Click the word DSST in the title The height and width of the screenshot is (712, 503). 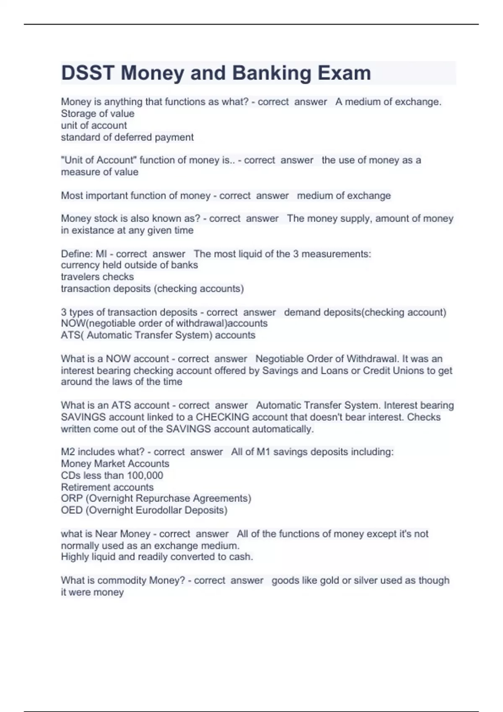[x=88, y=73]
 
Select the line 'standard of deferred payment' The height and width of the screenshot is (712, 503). [x=127, y=137]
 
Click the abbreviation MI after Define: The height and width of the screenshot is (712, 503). [x=101, y=254]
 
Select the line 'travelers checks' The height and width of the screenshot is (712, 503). [x=97, y=277]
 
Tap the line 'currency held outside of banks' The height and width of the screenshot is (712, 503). [x=129, y=265]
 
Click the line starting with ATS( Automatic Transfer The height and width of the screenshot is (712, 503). [x=158, y=335]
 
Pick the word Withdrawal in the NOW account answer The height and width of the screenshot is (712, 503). [x=372, y=359]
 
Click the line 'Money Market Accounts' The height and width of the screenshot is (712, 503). [x=115, y=464]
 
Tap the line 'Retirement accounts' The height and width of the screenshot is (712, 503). [x=107, y=487]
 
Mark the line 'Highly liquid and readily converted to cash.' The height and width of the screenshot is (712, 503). [x=157, y=557]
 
